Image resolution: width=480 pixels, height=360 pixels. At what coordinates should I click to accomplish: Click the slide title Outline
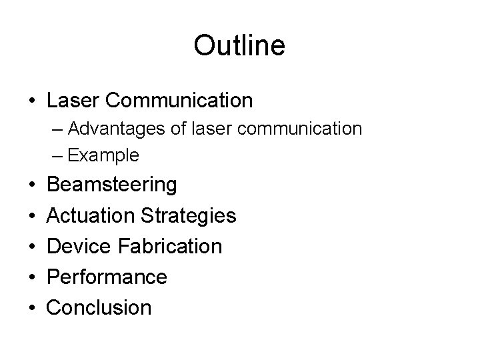tap(239, 45)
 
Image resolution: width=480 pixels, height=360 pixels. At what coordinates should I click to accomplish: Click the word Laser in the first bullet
tap(73, 101)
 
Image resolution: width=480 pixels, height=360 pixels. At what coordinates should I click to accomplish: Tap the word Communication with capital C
tap(179, 101)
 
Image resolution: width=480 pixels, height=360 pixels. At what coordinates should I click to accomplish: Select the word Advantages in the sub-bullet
tap(109, 128)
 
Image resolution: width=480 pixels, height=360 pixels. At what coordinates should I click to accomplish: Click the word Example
tap(103, 156)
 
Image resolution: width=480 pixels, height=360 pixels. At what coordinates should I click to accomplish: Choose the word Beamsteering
tap(112, 185)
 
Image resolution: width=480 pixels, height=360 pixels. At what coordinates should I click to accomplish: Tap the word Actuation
tap(92, 215)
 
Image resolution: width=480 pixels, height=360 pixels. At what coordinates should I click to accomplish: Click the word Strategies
tap(189, 215)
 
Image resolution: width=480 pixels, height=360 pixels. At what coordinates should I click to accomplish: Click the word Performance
tap(107, 277)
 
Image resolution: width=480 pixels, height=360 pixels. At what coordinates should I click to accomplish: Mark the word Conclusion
tap(99, 307)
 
